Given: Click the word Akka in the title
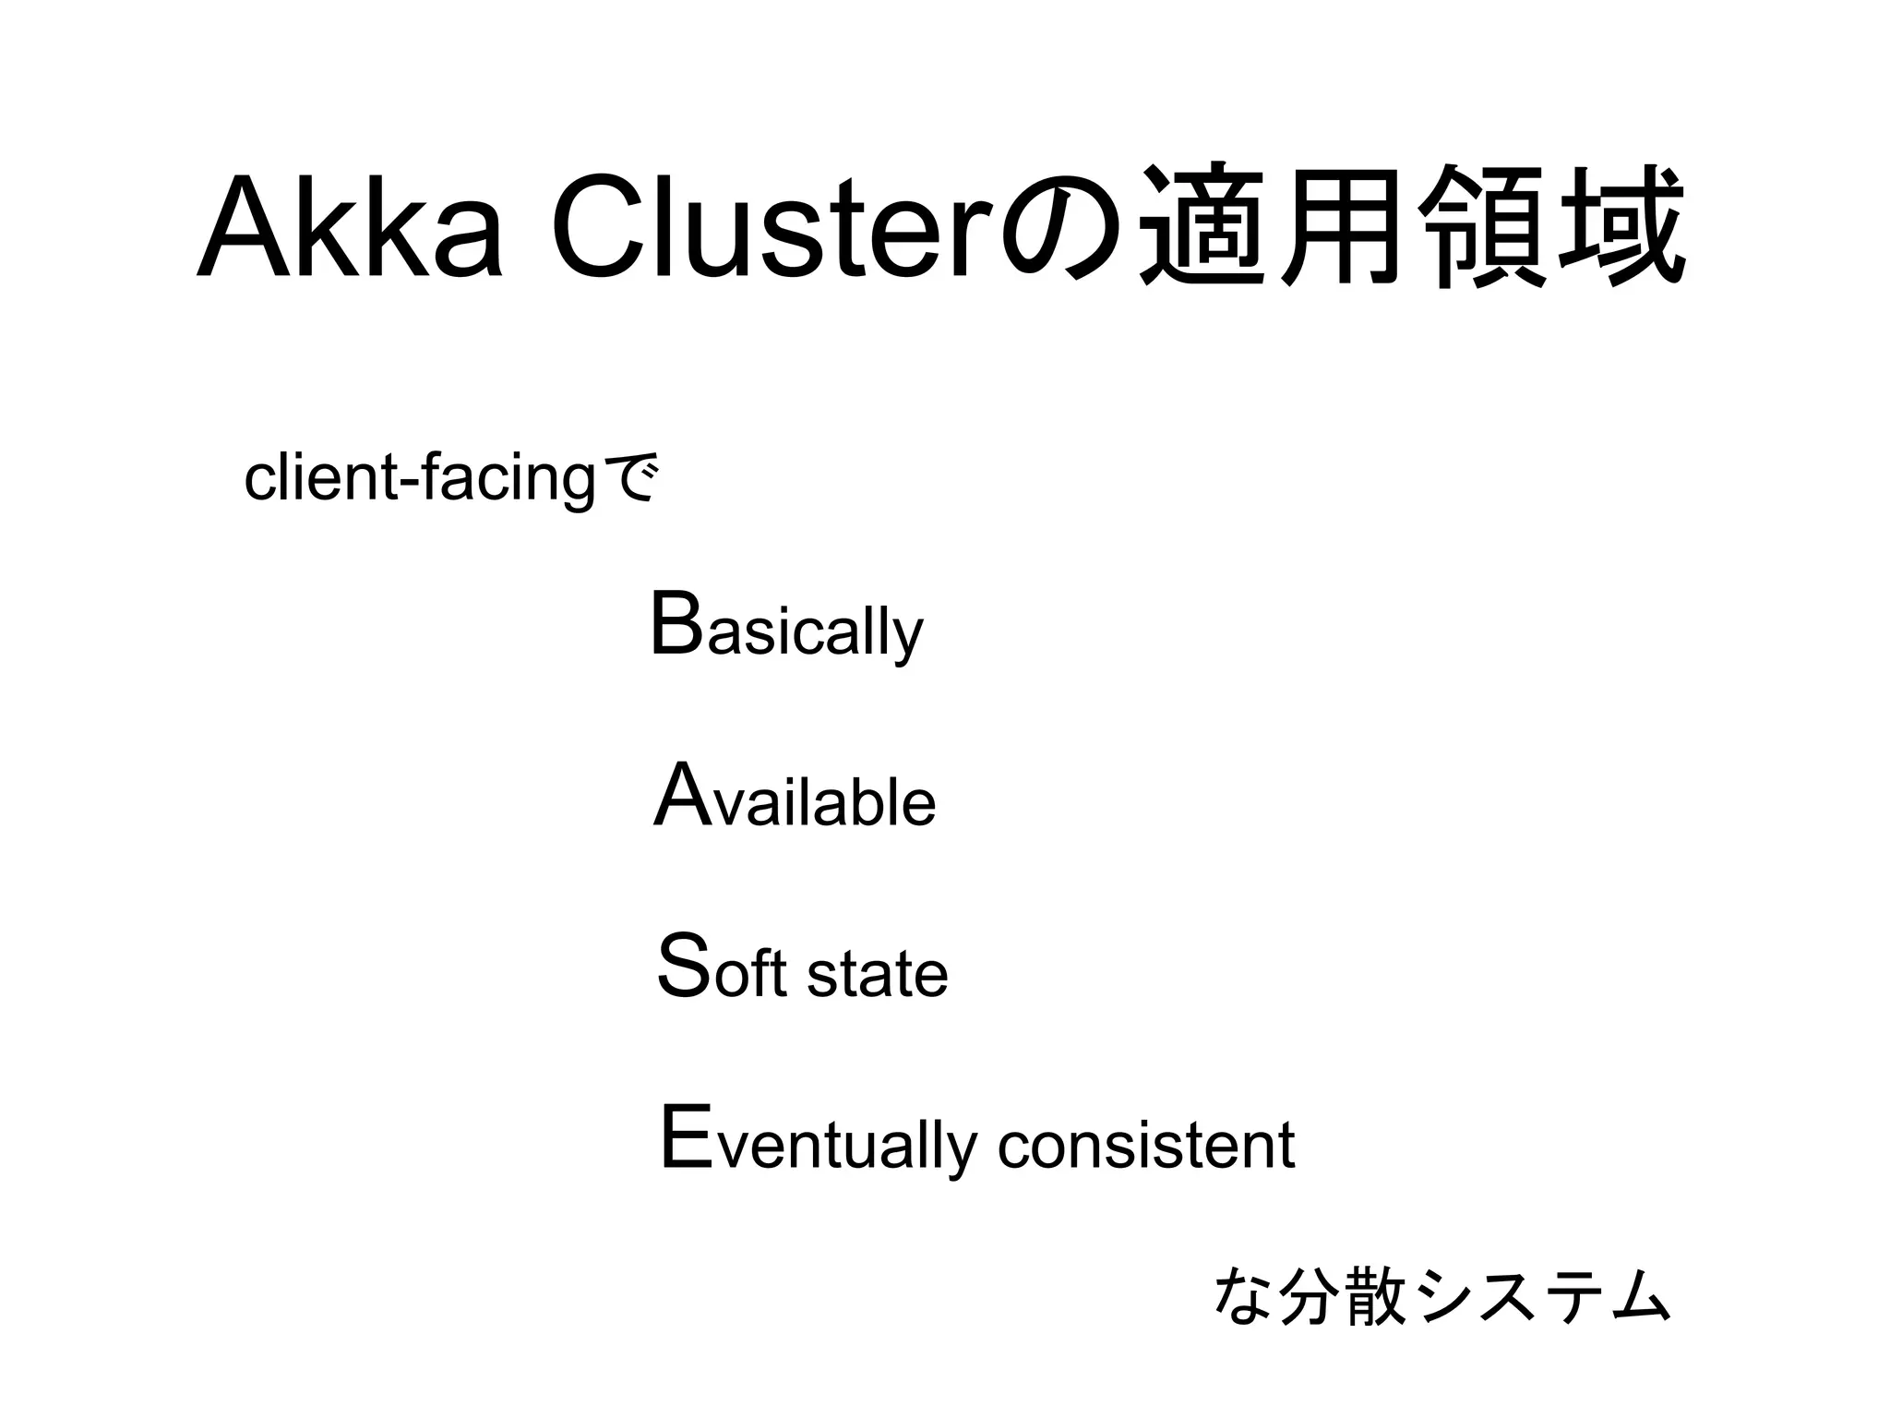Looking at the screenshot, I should pos(350,226).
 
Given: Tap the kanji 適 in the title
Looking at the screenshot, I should pos(1202,226).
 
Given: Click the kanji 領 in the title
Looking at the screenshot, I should pos(1482,226).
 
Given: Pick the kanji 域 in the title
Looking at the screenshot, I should pos(1621,226).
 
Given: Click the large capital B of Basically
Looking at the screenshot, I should pos(676,625).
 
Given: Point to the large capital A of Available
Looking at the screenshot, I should pos(682,795).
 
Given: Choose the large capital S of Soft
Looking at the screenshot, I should pos(684,966).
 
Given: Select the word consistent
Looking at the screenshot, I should pos(1146,1146).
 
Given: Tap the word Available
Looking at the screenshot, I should pos(795,798).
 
